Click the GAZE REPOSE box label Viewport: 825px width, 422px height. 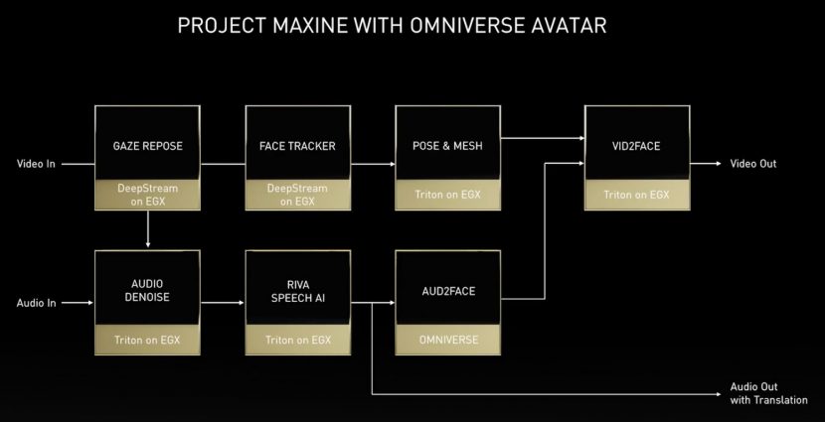pyautogui.click(x=147, y=146)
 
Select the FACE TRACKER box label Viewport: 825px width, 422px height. pyautogui.click(x=297, y=146)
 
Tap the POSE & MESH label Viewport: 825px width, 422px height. pyautogui.click(x=447, y=146)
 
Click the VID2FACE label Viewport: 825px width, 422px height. pyautogui.click(x=636, y=146)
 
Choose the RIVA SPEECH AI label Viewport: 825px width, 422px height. pyautogui.click(x=298, y=292)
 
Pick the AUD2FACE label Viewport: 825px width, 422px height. pyautogui.click(x=448, y=291)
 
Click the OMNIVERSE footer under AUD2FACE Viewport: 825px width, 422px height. pyautogui.click(x=448, y=340)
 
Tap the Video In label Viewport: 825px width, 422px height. pyautogui.click(x=36, y=164)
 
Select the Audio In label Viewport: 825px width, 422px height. pyautogui.click(x=36, y=303)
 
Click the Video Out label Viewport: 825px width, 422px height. pyautogui.click(x=752, y=164)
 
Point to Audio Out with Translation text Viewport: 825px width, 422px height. pyautogui.click(x=768, y=393)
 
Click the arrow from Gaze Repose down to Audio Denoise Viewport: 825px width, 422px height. pyautogui.click(x=148, y=228)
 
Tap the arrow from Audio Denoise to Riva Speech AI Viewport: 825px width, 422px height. pyautogui.click(x=223, y=303)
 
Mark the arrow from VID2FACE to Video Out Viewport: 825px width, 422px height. pyautogui.click(x=706, y=164)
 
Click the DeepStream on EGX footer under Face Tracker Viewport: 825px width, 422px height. pyautogui.click(x=297, y=195)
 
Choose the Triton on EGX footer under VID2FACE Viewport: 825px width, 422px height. pyautogui.click(x=636, y=195)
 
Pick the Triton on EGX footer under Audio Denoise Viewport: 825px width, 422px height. pyautogui.click(x=147, y=340)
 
